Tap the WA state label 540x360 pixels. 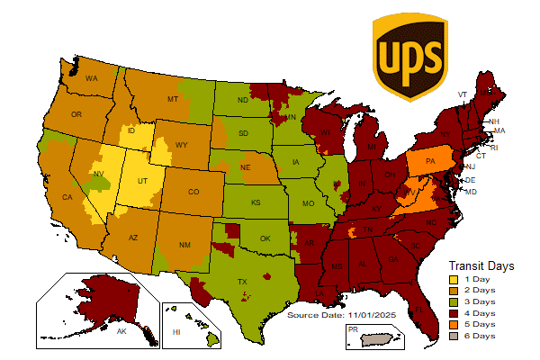click(x=91, y=79)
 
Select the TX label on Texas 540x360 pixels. click(x=241, y=282)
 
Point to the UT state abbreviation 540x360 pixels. click(x=142, y=181)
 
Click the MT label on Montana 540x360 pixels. click(x=173, y=99)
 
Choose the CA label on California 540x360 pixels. click(x=67, y=197)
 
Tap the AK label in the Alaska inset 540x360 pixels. click(x=121, y=331)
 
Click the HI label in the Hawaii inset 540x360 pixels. click(x=176, y=332)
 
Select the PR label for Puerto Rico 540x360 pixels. click(x=352, y=329)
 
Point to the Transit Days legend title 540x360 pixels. click(x=481, y=265)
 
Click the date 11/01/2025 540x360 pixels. click(x=372, y=315)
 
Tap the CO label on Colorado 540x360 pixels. click(x=193, y=192)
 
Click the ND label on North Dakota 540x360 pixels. click(x=242, y=101)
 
